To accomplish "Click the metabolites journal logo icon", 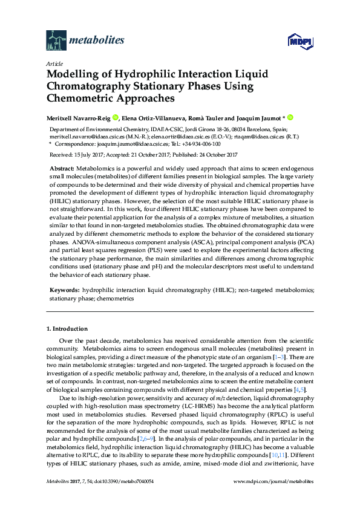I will tap(57, 41).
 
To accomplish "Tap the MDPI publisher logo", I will tap(300, 42).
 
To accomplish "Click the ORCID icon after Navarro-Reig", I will tap(115, 118).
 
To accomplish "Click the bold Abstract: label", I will tap(62, 167).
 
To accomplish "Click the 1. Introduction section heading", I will tap(67, 329).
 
